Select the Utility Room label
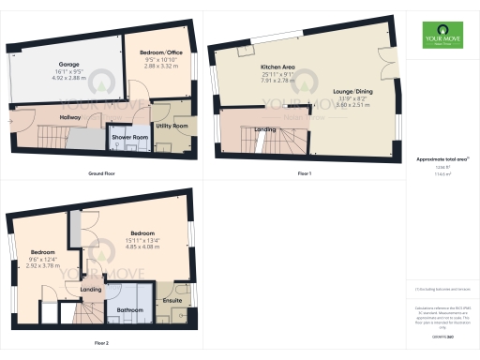click(x=172, y=125)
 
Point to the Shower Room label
click(x=131, y=137)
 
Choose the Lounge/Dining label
click(x=354, y=92)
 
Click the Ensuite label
click(x=172, y=300)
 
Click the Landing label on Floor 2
click(x=91, y=290)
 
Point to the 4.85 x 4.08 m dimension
click(x=142, y=238)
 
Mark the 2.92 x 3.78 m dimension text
click(x=42, y=259)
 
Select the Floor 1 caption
click(x=304, y=174)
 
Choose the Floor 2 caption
click(x=101, y=343)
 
